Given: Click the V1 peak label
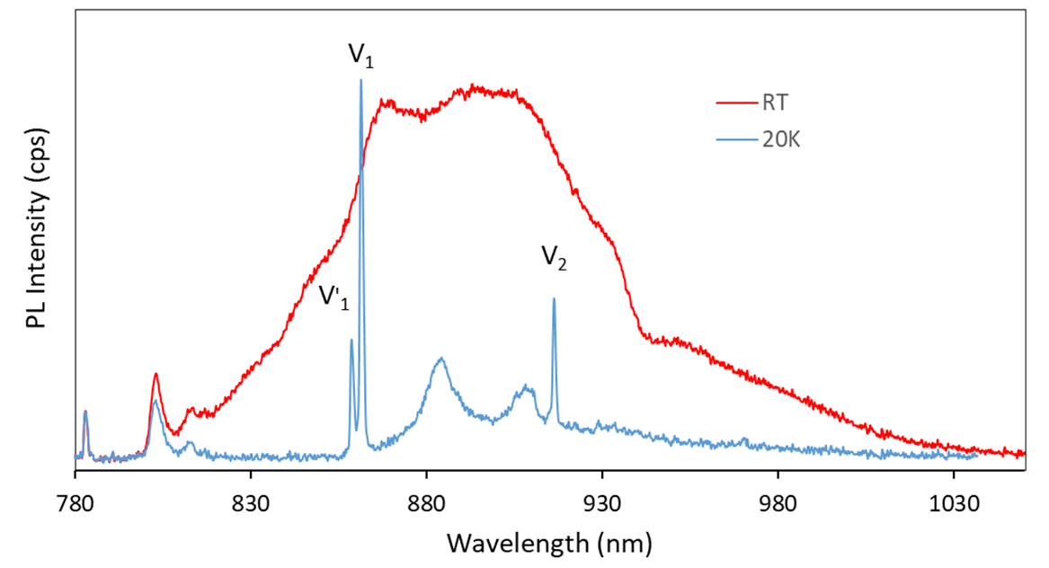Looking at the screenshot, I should (x=361, y=57).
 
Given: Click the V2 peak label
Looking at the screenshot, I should (x=554, y=258).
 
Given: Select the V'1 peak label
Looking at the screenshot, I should (x=333, y=296).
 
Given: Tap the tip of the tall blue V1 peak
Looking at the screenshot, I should (x=361, y=80).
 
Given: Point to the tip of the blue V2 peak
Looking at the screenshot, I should (x=554, y=299).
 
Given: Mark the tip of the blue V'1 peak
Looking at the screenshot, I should (x=351, y=340).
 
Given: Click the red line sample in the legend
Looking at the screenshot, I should (x=735, y=103).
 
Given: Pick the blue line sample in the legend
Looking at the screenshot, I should (x=735, y=140).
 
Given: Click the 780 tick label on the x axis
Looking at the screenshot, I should (x=75, y=500).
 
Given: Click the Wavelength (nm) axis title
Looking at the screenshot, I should (x=548, y=542).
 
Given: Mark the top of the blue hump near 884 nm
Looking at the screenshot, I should (x=441, y=359).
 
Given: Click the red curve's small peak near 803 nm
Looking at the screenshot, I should (x=156, y=374).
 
